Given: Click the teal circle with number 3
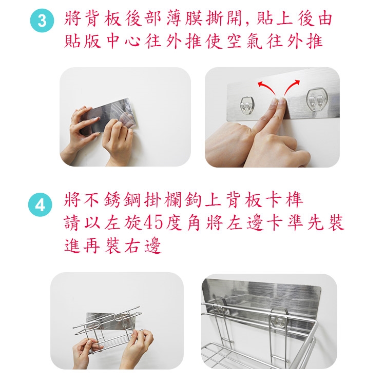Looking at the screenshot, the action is click(x=42, y=20).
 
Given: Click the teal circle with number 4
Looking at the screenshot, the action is click(x=40, y=205).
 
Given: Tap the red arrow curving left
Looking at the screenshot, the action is click(x=266, y=88).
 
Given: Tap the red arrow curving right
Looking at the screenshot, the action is click(x=292, y=87).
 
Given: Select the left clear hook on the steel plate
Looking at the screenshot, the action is click(x=247, y=106).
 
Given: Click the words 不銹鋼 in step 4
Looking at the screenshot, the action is click(x=112, y=200).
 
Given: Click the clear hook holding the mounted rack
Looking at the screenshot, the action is click(x=278, y=320).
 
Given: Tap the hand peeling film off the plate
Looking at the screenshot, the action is click(x=118, y=139).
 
